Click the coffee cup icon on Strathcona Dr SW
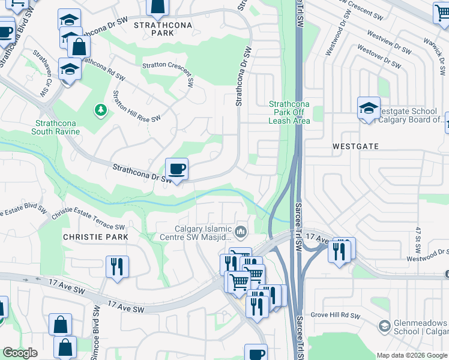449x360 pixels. pyautogui.click(x=176, y=169)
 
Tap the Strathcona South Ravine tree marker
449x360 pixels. pyautogui.click(x=100, y=110)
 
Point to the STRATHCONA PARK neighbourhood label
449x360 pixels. pyautogui.click(x=154, y=29)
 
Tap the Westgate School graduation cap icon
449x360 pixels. pyautogui.click(x=369, y=108)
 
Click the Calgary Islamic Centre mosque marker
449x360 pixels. pyautogui.click(x=241, y=231)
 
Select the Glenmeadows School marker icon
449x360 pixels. pyautogui.click(x=384, y=326)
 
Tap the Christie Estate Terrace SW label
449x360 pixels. pyautogui.click(x=88, y=221)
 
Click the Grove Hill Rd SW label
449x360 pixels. pyautogui.click(x=335, y=315)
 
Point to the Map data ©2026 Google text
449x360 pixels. pyautogui.click(x=411, y=355)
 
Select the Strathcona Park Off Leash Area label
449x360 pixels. pyautogui.click(x=289, y=112)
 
